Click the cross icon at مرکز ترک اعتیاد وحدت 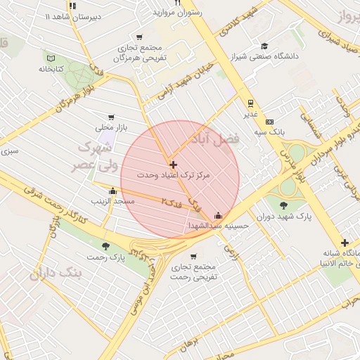[174, 165]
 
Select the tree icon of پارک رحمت [105, 246]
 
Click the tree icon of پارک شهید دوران [283, 205]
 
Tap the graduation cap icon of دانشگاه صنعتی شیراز [264, 44]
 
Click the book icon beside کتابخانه [49, 58]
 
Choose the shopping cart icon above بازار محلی [110, 117]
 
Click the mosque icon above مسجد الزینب [112, 191]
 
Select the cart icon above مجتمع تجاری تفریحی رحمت [193, 256]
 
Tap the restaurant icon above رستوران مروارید [177, 3]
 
